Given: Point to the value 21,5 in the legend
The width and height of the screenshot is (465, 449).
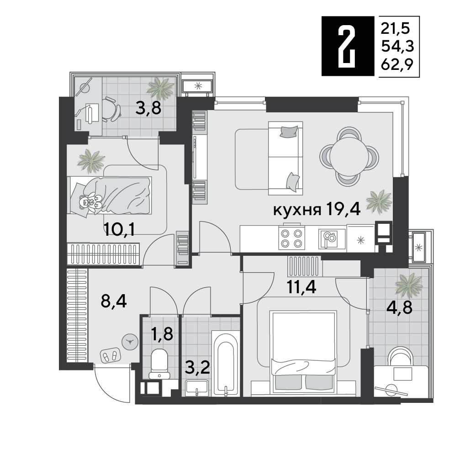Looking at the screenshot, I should tap(396, 28).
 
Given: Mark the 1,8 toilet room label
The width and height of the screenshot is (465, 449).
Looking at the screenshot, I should tap(162, 334).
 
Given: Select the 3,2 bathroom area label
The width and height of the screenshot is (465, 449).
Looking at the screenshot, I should tap(198, 366).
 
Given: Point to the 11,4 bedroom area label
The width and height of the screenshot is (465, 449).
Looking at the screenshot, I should tap(302, 287).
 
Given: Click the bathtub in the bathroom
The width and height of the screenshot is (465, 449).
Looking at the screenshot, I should tap(226, 363).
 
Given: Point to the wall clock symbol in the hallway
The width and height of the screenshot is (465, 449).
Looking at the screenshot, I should tap(130, 341).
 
